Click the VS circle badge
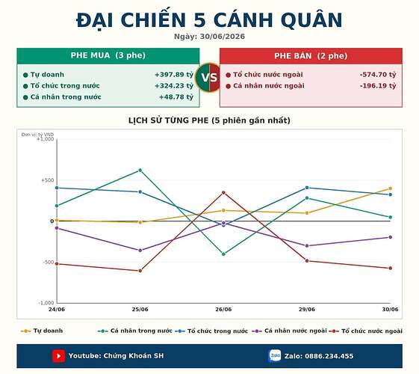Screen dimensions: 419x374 pyautogui.click(x=209, y=78)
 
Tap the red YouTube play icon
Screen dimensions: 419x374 pyautogui.click(x=58, y=356)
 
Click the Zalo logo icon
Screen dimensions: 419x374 pyautogui.click(x=275, y=355)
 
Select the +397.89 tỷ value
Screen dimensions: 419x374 pyautogui.click(x=174, y=75)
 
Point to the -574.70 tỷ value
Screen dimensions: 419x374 pyautogui.click(x=378, y=75)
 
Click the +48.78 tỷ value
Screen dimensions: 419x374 pyautogui.click(x=176, y=96)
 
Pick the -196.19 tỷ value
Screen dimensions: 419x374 pyautogui.click(x=378, y=86)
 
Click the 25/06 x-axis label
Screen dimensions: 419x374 pyautogui.click(x=140, y=310)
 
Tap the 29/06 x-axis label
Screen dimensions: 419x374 pyautogui.click(x=307, y=310)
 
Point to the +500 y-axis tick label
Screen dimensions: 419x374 pyautogui.click(x=48, y=180)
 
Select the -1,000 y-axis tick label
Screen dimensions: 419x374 pyautogui.click(x=46, y=303)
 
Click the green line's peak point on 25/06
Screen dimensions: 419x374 pyautogui.click(x=140, y=170)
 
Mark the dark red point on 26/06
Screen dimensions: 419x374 pyautogui.click(x=223, y=192)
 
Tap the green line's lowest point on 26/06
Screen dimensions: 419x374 pyautogui.click(x=223, y=254)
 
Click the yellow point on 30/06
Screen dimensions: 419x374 pyautogui.click(x=390, y=188)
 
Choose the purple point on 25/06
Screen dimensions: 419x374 pyautogui.click(x=140, y=251)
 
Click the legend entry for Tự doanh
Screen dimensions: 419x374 pyautogui.click(x=42, y=331)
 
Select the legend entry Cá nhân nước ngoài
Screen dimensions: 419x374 pyautogui.click(x=289, y=331)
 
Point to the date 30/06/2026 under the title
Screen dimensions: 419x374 pyautogui.click(x=223, y=37)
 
